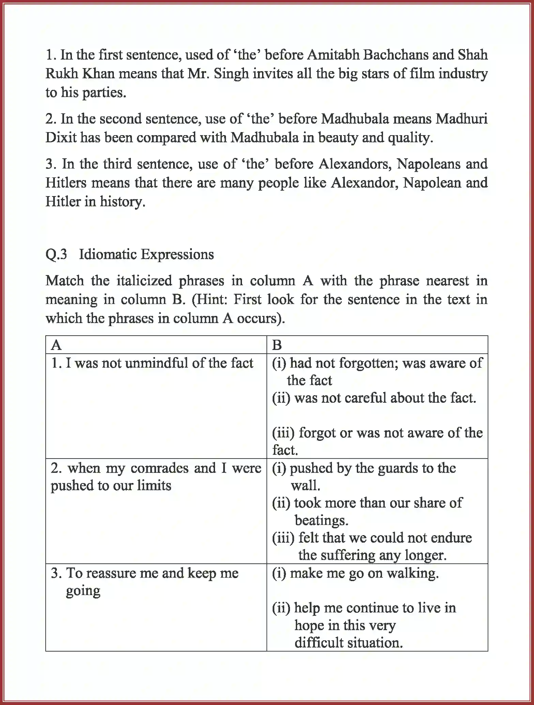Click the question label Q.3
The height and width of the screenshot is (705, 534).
pos(56,254)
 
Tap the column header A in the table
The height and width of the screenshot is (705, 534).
pos(56,345)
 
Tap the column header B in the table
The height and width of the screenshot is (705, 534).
pos(277,345)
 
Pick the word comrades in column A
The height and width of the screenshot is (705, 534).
pos(159,468)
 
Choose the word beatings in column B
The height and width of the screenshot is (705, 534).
pos(321,520)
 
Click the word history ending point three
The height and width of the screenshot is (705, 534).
pos(122,202)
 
